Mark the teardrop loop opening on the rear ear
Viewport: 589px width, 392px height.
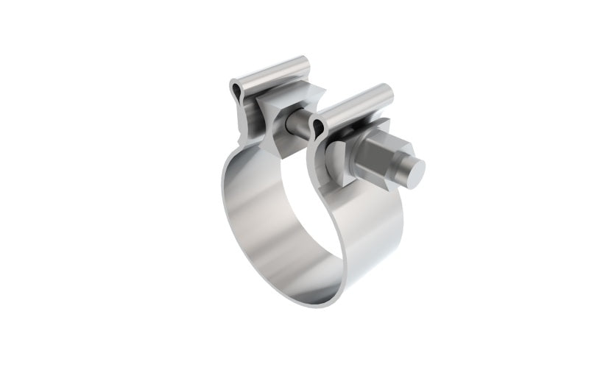point(235,91)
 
